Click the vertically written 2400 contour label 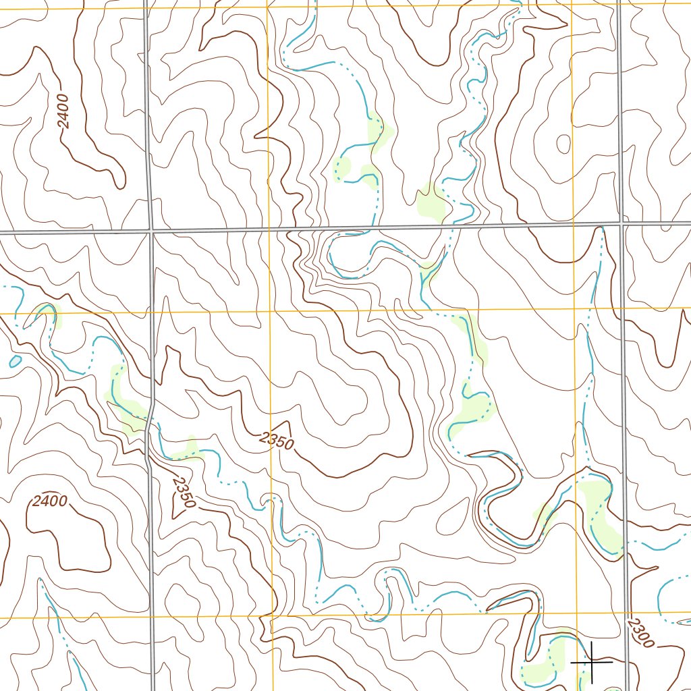[63, 112]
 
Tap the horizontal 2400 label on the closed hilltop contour [50, 501]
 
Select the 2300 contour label [639, 633]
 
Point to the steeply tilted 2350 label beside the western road [184, 493]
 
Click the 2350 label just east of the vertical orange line [277, 441]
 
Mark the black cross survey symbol [592, 663]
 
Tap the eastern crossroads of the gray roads [621, 223]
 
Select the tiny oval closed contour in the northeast [562, 143]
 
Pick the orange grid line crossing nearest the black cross [578, 615]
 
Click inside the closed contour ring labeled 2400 [67, 536]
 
